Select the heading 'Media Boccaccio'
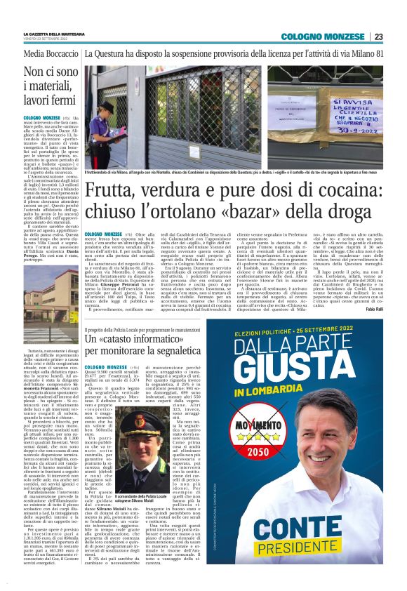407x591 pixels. pyautogui.click(x=51, y=53)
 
